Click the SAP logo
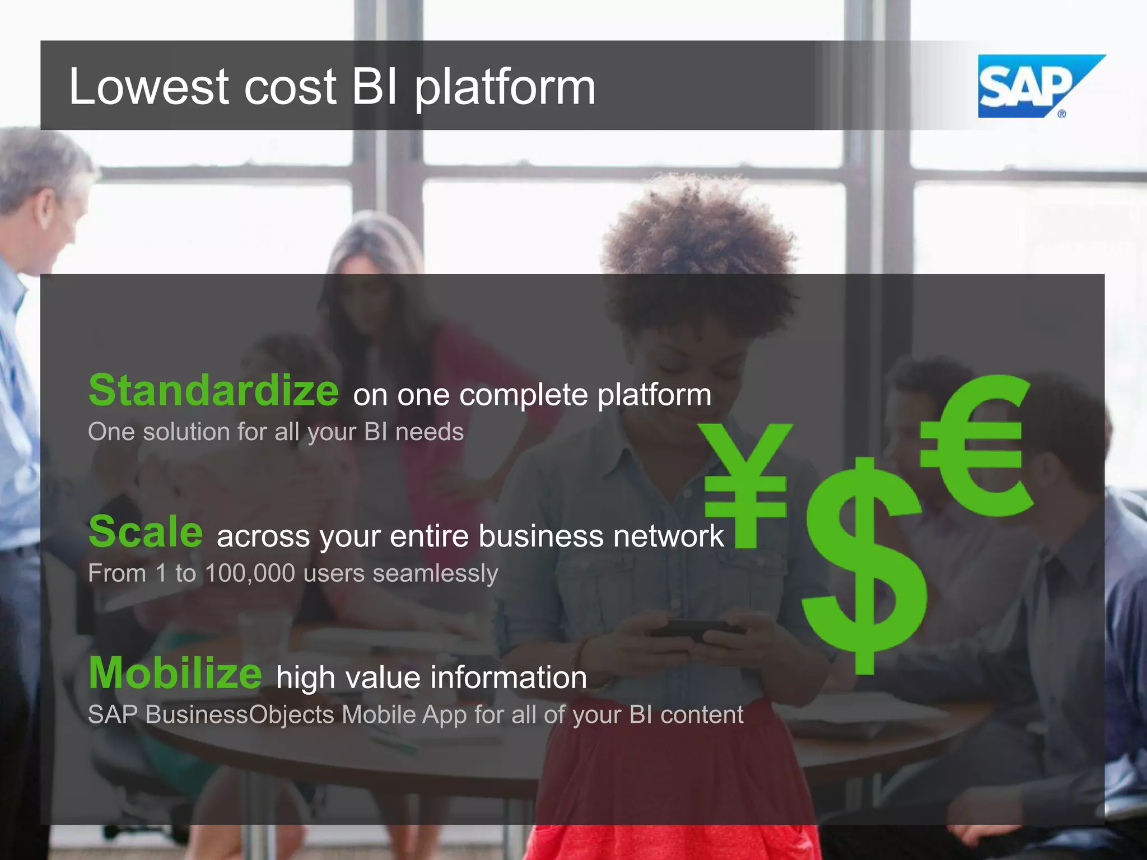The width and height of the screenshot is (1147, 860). [x=1033, y=87]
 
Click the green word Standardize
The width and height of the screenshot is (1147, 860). [x=213, y=390]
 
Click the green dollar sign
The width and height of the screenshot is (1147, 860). [x=864, y=565]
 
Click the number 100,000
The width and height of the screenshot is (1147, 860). [x=250, y=573]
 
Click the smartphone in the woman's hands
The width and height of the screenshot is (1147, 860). [x=694, y=629]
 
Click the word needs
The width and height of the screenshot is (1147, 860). [x=430, y=432]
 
